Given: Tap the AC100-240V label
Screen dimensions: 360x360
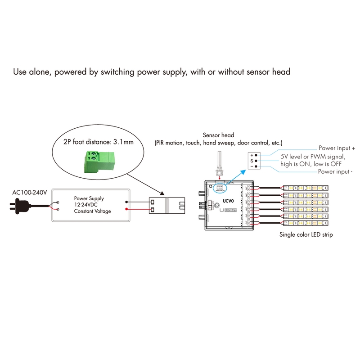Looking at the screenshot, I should (29, 193).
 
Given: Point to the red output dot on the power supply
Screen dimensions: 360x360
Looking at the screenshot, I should (127, 210).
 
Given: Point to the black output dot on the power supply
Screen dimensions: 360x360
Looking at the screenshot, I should (127, 202).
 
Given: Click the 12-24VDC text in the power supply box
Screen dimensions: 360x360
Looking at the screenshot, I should (86, 204).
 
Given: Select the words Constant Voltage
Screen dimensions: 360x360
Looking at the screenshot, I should (92, 211).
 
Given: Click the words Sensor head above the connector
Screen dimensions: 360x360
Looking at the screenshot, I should (218, 135).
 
